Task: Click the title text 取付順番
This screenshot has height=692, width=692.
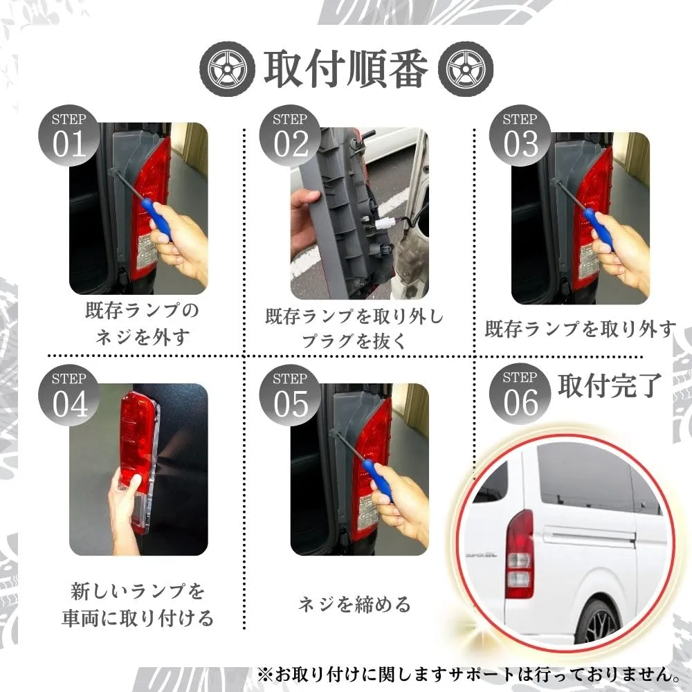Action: (346, 69)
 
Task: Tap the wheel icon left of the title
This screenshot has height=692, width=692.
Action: (227, 69)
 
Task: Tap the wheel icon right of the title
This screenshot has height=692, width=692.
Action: (466, 69)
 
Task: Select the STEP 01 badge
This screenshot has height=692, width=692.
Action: (69, 136)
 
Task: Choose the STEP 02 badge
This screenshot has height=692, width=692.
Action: (290, 136)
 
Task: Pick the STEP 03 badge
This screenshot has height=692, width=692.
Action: (520, 136)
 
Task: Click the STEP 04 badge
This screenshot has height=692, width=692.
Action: (69, 395)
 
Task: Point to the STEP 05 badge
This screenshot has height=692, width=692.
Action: (290, 395)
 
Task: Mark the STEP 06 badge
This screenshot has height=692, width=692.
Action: (520, 394)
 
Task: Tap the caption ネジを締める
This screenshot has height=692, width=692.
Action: (354, 604)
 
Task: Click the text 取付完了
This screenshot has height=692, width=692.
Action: (609, 385)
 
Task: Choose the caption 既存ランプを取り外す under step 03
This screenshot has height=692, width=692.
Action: (580, 329)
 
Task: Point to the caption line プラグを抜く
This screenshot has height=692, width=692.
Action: (353, 340)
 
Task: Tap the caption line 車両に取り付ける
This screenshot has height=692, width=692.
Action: (137, 618)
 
